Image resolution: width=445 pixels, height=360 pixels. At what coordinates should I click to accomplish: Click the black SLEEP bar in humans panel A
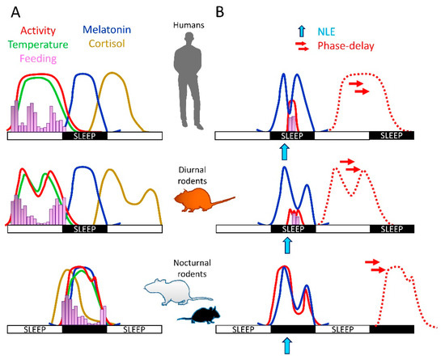(84, 137)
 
